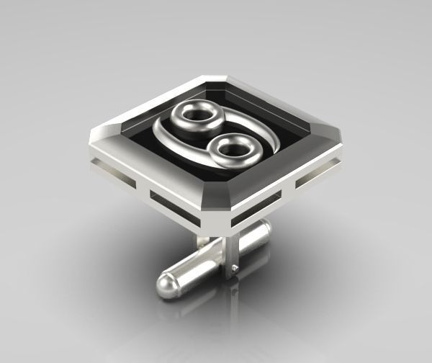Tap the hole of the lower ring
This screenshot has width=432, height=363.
(232, 149)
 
